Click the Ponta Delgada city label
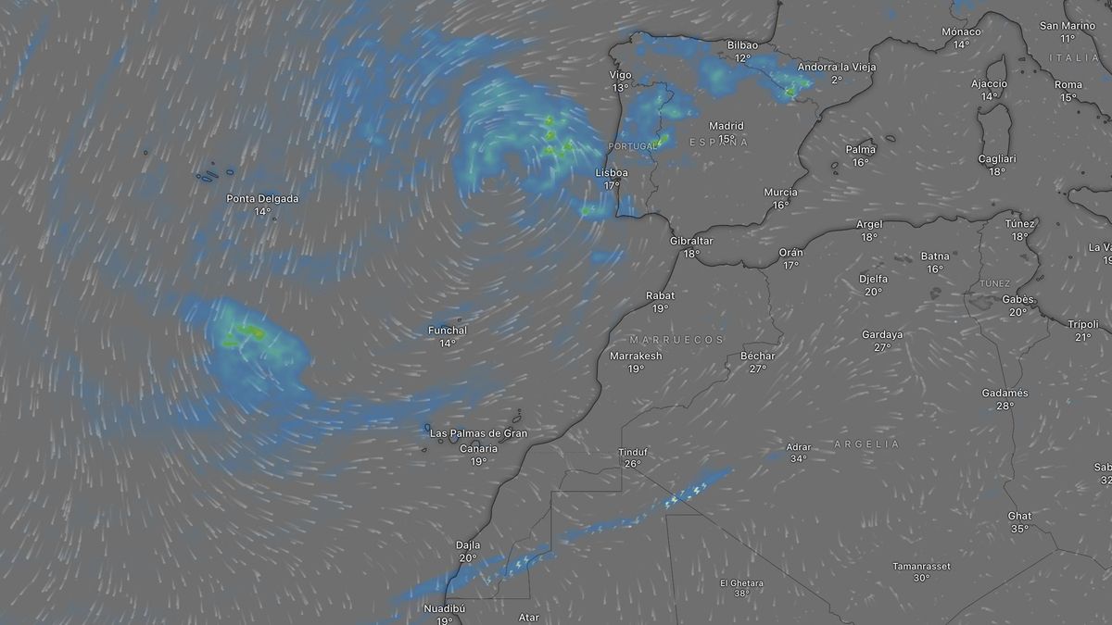(x=262, y=198)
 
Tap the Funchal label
(x=448, y=331)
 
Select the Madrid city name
(x=727, y=126)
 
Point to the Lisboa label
(x=612, y=173)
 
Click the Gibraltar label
(x=691, y=241)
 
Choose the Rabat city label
(x=660, y=296)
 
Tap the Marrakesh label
(x=636, y=356)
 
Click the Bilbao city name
(x=742, y=45)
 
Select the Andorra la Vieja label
(x=837, y=67)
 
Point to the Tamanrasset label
(x=921, y=566)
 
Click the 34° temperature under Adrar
(x=798, y=458)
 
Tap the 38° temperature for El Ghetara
(x=741, y=594)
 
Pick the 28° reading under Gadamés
(x=1005, y=406)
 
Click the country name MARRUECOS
(x=676, y=340)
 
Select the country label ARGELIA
(x=866, y=444)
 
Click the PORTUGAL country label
(x=632, y=147)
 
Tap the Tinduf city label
(x=633, y=452)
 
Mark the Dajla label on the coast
(x=468, y=545)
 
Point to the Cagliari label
(x=997, y=159)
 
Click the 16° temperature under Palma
(x=861, y=162)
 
